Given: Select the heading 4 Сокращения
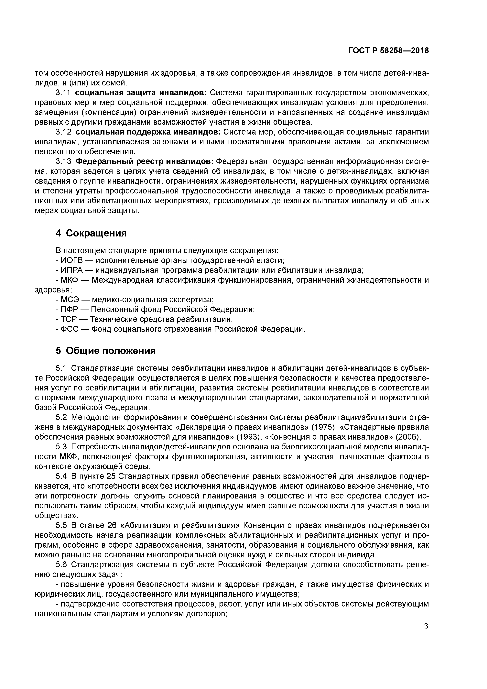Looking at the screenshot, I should (91, 233).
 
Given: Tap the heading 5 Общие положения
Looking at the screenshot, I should (106, 351).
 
